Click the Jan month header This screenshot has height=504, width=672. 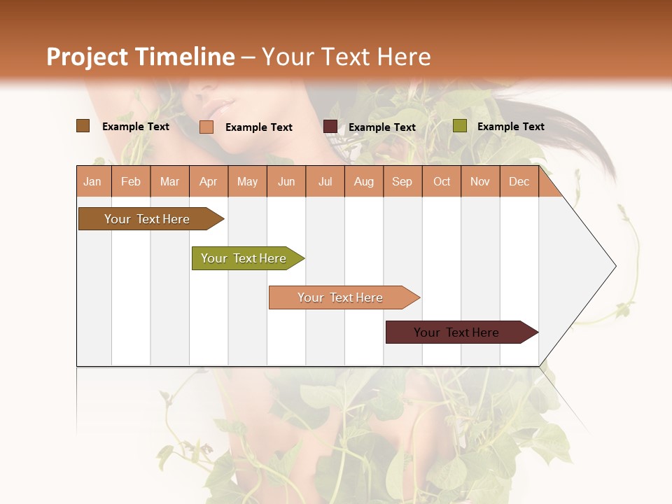92,182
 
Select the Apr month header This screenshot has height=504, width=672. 208,182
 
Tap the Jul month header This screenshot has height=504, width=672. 325,182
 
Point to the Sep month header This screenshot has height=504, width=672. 402,182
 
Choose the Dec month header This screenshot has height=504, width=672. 519,182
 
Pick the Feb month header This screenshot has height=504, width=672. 131,182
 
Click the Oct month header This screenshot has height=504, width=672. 442,182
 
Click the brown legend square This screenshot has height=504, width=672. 83,126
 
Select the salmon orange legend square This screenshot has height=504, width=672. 206,127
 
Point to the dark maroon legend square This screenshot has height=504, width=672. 330,127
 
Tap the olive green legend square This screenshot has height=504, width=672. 459,126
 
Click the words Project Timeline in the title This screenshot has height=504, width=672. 140,57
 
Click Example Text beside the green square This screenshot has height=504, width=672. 510,127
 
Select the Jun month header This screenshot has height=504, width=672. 286,182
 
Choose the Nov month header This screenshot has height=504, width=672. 480,182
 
